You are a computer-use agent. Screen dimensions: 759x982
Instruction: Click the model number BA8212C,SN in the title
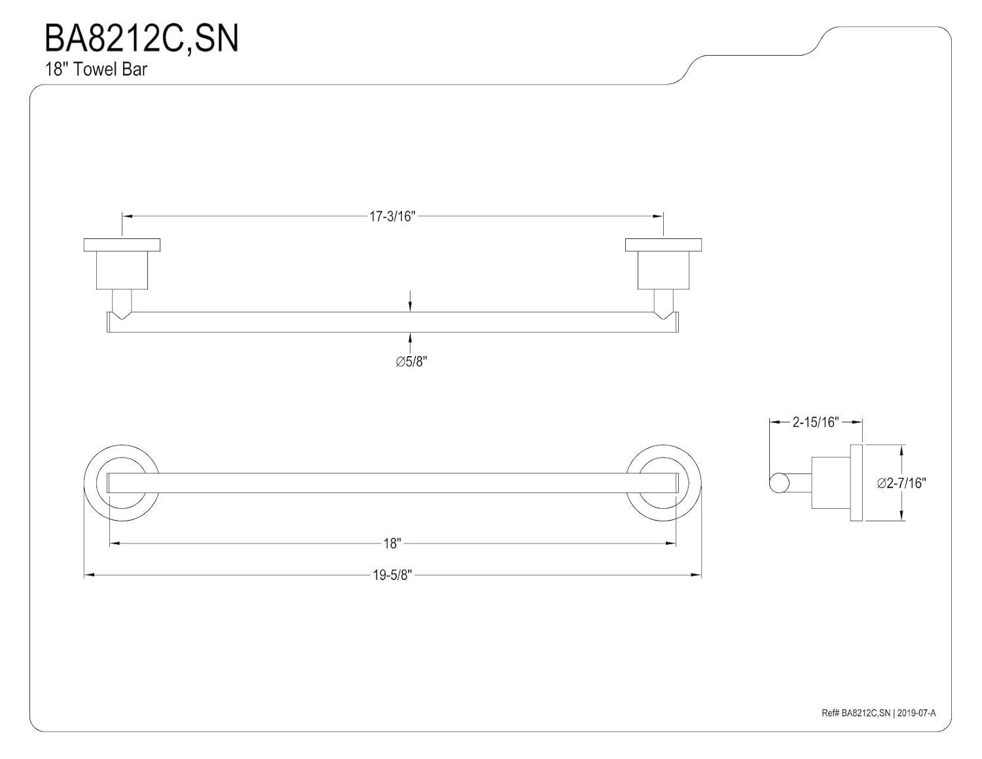(141, 39)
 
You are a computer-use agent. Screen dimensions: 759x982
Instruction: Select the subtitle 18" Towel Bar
(96, 69)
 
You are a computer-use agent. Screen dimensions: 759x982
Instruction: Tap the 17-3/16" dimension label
(392, 216)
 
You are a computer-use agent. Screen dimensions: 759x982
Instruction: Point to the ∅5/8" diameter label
(411, 361)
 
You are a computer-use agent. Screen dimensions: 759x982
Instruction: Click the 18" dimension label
(392, 543)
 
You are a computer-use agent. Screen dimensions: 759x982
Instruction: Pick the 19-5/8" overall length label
(392, 576)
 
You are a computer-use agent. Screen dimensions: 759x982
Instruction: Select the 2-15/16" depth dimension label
(815, 422)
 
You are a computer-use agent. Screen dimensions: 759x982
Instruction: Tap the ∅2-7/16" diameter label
(902, 483)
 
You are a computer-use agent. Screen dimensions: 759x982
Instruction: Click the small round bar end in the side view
(778, 483)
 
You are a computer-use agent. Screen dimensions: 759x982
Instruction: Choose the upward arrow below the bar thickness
(410, 338)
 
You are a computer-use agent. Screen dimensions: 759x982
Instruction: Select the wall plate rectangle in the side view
(856, 483)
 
